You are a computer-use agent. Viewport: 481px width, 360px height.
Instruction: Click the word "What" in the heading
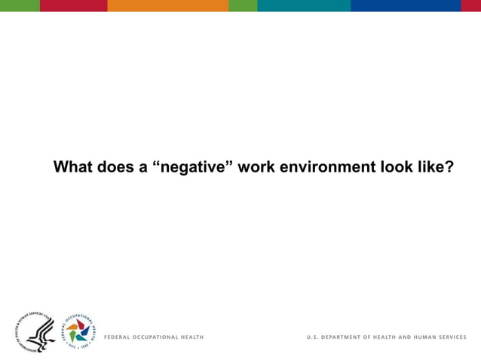[73, 166]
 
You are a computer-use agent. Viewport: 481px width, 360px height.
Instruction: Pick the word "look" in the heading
[395, 166]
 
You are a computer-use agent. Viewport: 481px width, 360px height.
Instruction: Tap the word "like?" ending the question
[436, 166]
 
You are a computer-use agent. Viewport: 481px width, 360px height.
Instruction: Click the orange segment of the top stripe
[167, 5]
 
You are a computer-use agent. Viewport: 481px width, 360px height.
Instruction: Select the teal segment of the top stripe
[304, 5]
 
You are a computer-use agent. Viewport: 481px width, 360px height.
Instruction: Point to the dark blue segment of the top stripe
[406, 5]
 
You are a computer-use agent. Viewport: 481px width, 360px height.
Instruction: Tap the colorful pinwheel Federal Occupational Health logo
[78, 331]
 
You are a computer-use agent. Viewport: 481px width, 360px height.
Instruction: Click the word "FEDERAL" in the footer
[118, 337]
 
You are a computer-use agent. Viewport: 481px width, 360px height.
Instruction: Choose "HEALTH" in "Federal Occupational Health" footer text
[191, 337]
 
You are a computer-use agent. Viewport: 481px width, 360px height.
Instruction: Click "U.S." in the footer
[311, 337]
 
